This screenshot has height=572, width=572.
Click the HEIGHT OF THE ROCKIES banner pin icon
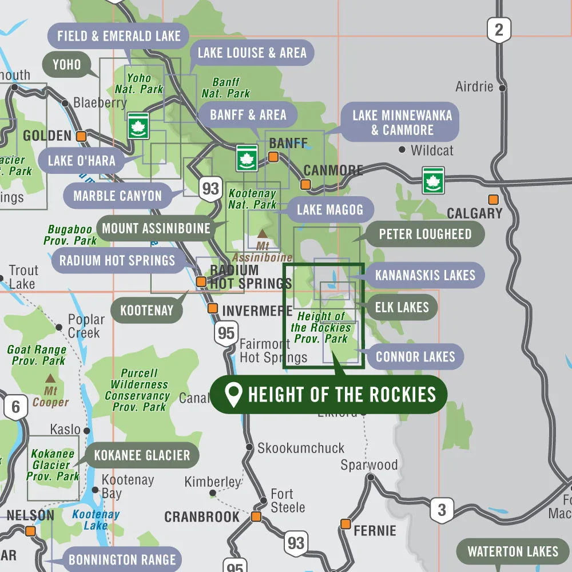coord(233,395)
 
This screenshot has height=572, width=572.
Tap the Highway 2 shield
coord(499,30)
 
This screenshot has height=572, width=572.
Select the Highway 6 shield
coord(15,407)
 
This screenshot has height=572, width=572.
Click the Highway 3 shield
coord(441,509)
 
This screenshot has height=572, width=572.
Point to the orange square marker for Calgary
coord(493,200)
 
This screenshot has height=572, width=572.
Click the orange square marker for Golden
coord(81,136)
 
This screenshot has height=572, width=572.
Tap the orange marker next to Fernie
coord(345,524)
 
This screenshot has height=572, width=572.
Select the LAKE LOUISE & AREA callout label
coord(252,53)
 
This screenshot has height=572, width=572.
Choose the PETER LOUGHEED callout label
coord(425,234)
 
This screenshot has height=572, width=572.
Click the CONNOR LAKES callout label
coord(415,357)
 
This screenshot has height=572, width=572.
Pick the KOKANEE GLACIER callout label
coord(142,455)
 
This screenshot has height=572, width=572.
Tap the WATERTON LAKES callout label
coord(513,551)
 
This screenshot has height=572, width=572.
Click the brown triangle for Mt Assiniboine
coord(262,233)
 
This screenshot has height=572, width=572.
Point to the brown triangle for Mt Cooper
coord(50,378)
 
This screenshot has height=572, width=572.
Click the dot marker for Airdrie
coord(502,88)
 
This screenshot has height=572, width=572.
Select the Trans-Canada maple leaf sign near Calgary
coord(433,180)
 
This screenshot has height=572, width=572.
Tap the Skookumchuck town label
coord(301,448)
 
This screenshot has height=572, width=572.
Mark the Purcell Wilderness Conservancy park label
coord(137,390)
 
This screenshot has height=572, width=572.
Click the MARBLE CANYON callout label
coord(117,196)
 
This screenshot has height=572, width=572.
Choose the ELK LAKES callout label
coord(402,307)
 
